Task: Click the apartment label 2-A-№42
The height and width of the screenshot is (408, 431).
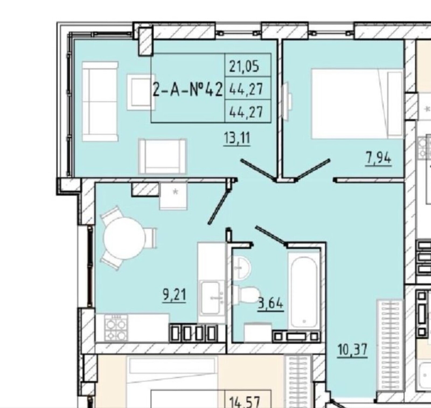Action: pos(188,90)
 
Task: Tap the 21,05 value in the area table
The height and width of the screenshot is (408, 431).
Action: pos(244,66)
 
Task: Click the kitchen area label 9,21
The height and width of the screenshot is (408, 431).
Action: pos(174,295)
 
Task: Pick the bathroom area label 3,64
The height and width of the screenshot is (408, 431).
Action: pos(270,304)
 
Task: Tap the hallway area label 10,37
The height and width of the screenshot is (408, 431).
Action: pos(353,350)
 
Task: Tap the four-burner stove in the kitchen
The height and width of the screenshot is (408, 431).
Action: pos(116,328)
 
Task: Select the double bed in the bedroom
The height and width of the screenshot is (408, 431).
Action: pos(357,104)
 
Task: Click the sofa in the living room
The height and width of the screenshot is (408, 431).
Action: pos(100,101)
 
